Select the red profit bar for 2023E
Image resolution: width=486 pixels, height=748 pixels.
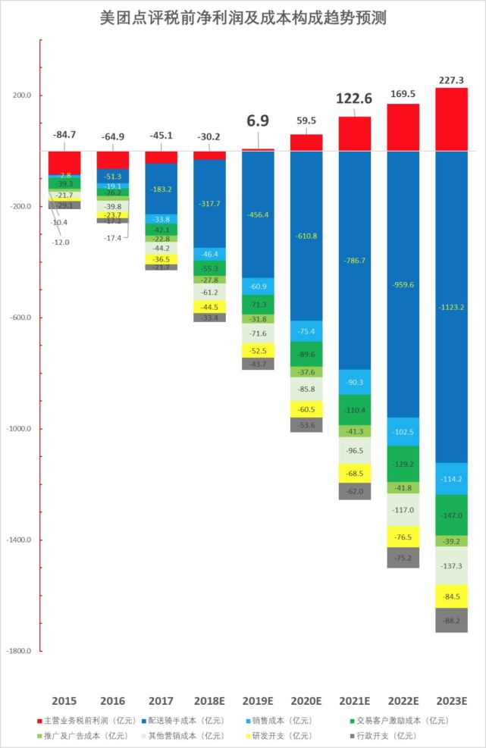[x=451, y=119]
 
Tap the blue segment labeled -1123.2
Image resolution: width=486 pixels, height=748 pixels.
[x=451, y=307]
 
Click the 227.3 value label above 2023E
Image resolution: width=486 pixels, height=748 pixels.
[x=451, y=80]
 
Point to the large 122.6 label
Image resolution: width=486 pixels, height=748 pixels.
[x=354, y=99]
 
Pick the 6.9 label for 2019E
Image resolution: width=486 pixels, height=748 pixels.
[x=258, y=120]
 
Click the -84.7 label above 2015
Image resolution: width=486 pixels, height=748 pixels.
[x=64, y=135]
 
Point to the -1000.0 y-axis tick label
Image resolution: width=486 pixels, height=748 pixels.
[x=18, y=429]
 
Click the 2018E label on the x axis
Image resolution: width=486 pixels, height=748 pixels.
[x=209, y=700]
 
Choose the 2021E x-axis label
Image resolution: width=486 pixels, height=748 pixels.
[x=354, y=700]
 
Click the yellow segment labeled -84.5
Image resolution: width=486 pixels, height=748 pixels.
[x=451, y=596]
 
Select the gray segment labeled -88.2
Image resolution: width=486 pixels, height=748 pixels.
[x=451, y=620]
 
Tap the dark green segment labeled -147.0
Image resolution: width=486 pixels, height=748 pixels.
[x=451, y=515]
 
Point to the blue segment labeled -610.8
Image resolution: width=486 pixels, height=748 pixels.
[x=306, y=236]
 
